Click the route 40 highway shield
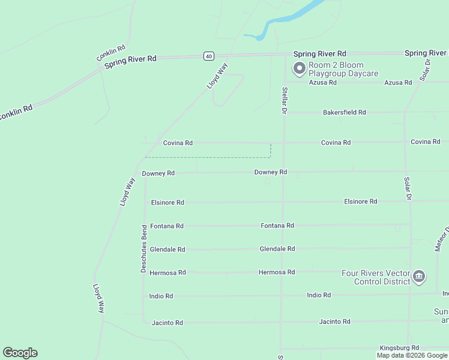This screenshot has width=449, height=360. click(x=208, y=56)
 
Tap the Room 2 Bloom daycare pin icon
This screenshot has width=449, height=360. click(x=298, y=69)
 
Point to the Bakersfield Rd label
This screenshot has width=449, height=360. click(x=344, y=112)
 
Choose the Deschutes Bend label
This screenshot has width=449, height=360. click(x=144, y=249)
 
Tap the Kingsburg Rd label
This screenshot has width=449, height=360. click(x=399, y=348)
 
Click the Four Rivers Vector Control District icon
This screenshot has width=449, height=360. click(x=419, y=277)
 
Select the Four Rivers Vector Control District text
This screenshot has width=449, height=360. click(x=375, y=277)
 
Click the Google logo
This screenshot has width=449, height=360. click(x=20, y=353)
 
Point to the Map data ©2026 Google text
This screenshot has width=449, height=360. click(x=412, y=355)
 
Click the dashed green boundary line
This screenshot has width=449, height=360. click(x=210, y=158)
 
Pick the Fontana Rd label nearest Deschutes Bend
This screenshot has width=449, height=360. click(x=167, y=226)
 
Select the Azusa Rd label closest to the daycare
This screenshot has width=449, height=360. click(x=323, y=82)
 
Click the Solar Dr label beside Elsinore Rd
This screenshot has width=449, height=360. click(x=407, y=188)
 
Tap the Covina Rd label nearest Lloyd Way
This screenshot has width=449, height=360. click(x=178, y=143)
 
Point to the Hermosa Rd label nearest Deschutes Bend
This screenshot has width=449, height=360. click(x=167, y=272)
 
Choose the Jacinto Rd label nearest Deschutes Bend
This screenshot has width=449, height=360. click(x=167, y=323)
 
